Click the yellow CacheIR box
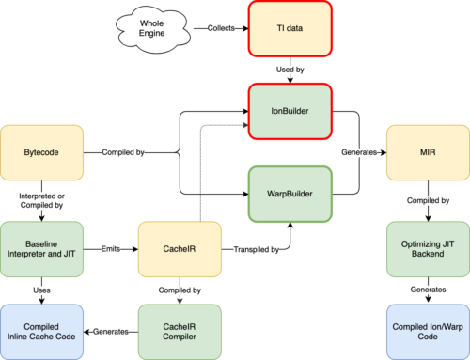click(x=178, y=249)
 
